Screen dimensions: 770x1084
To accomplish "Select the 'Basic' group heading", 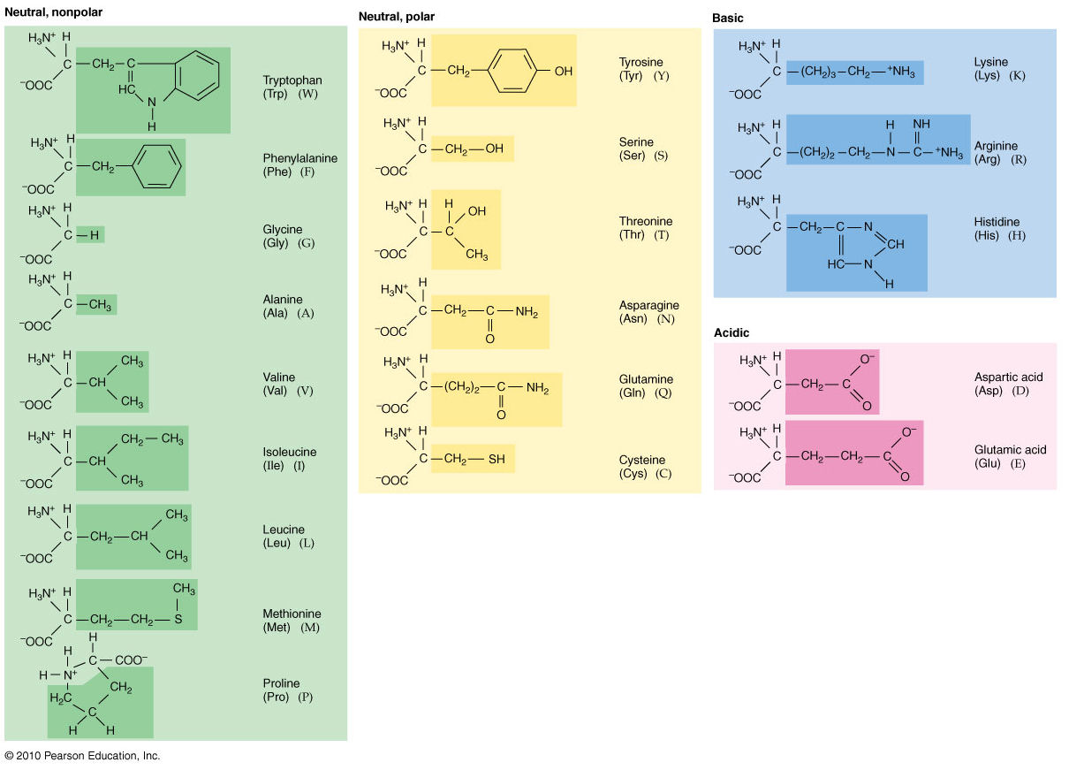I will point(728,18).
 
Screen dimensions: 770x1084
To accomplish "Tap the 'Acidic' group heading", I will point(732,332).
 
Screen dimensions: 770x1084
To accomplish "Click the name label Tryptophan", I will point(292,80).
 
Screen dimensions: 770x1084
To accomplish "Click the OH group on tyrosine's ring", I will point(563,71).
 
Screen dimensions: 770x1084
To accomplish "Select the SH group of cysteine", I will point(497,459).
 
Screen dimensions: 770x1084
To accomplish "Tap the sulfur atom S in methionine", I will point(178,620).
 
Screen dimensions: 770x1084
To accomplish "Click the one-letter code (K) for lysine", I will point(1017,75).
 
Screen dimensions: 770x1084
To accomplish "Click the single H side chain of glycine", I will point(92,234).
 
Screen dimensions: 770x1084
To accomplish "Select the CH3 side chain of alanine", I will point(100,305).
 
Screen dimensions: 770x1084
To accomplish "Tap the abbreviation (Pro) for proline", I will point(277,697).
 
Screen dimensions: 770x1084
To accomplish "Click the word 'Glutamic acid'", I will point(1011,450).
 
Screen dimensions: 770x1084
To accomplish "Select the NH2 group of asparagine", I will point(526,310).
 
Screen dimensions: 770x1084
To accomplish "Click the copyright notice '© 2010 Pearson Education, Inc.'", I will point(82,756).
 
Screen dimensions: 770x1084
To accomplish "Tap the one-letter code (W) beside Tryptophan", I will point(308,94).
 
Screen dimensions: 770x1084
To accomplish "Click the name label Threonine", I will point(646,221).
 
